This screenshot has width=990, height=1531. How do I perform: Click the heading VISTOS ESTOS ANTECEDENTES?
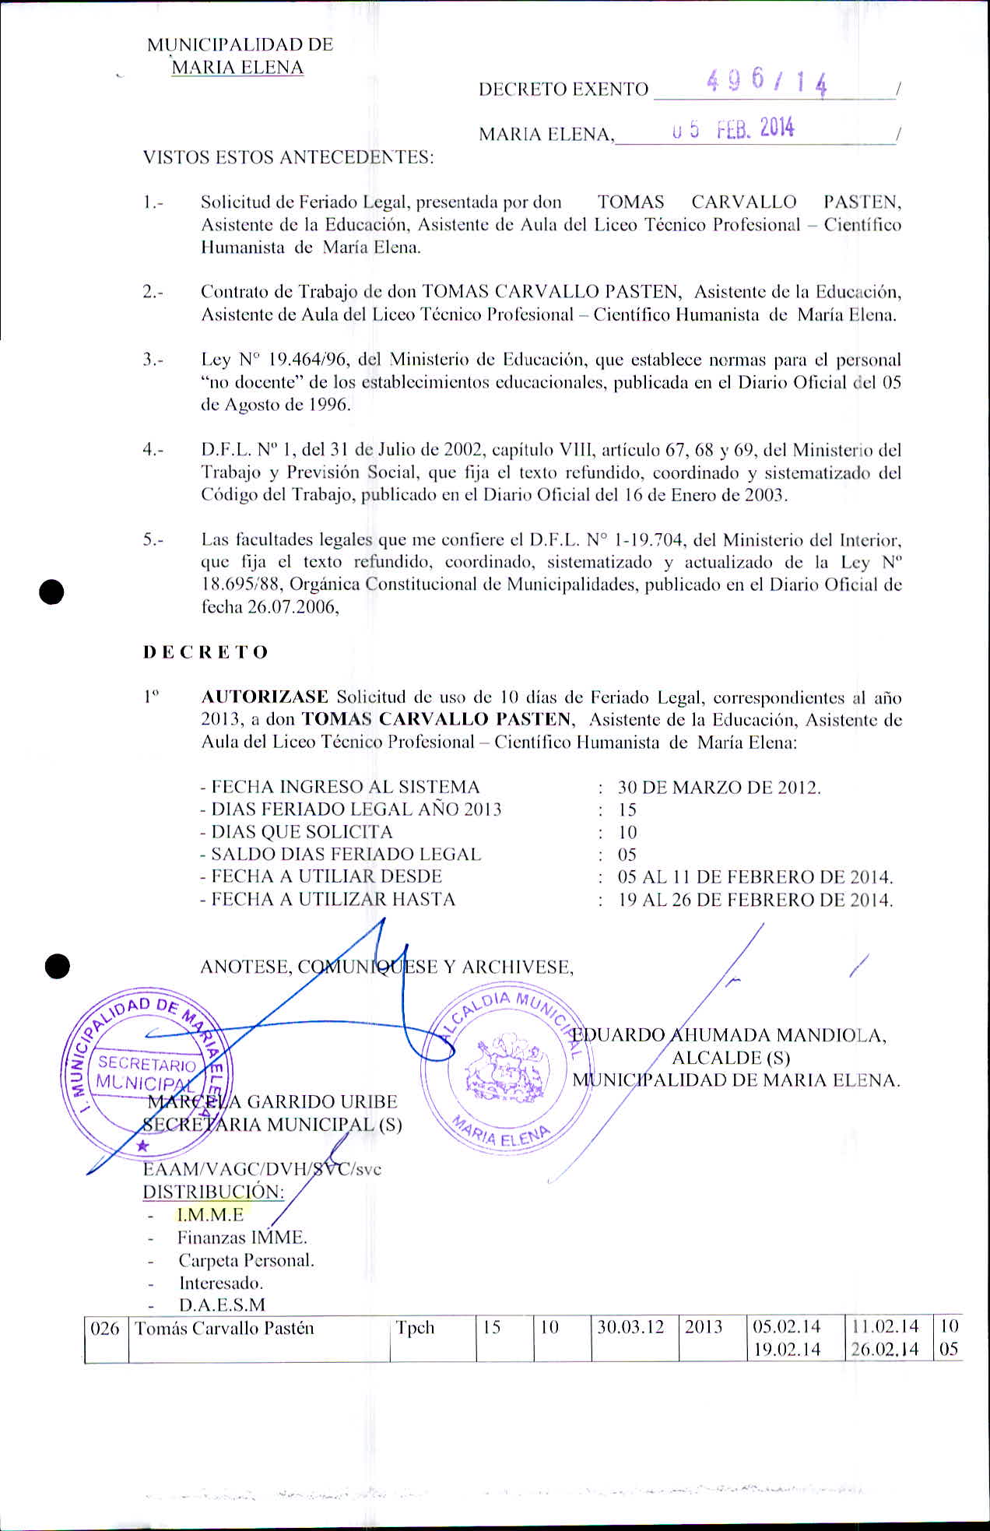[288, 157]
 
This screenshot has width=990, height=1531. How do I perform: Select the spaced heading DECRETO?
[205, 652]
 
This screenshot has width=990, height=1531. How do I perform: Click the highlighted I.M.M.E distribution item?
[210, 1214]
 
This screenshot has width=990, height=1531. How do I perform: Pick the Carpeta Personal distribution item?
[246, 1260]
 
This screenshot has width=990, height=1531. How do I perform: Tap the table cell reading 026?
[105, 1328]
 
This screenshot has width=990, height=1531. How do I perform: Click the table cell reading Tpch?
[415, 1328]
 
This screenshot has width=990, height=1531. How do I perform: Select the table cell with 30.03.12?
[630, 1328]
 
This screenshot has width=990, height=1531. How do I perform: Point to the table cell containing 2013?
[704, 1328]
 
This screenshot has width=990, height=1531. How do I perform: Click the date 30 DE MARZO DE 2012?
[719, 787]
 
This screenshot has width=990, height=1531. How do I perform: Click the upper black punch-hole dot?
[52, 592]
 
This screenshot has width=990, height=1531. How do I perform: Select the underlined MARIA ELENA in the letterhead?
[237, 68]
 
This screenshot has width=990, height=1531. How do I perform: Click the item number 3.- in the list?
[153, 360]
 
